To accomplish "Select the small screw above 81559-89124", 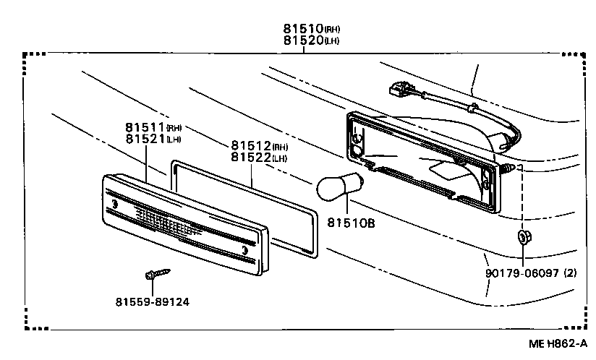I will click(x=157, y=274).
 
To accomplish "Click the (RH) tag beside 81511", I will click(x=174, y=127).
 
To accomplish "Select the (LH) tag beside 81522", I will click(x=280, y=158).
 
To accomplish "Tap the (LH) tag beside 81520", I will click(x=331, y=41).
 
